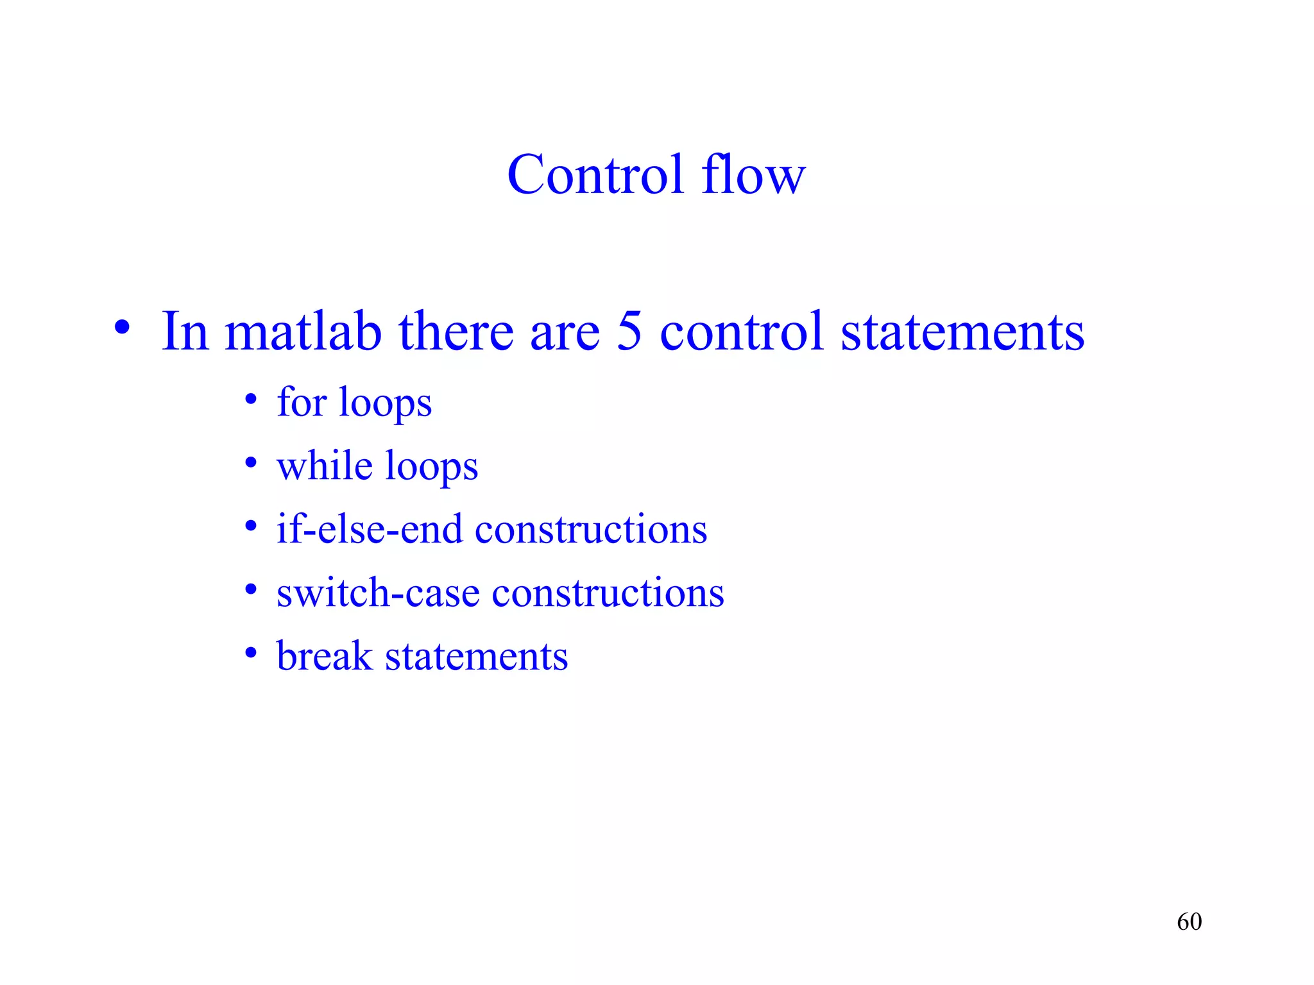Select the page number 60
[x=1189, y=922]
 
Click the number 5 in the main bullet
[x=629, y=332]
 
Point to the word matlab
[x=303, y=332]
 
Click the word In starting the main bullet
[x=185, y=332]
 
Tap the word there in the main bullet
[x=456, y=332]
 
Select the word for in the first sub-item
[x=301, y=402]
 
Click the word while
[x=325, y=466]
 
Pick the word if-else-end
[x=369, y=529]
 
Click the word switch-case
[x=378, y=593]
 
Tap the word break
[x=324, y=656]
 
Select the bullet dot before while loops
[x=251, y=463]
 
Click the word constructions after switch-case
[x=608, y=593]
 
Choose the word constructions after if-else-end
[x=590, y=529]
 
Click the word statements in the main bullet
[x=962, y=332]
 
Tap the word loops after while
[x=431, y=467]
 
